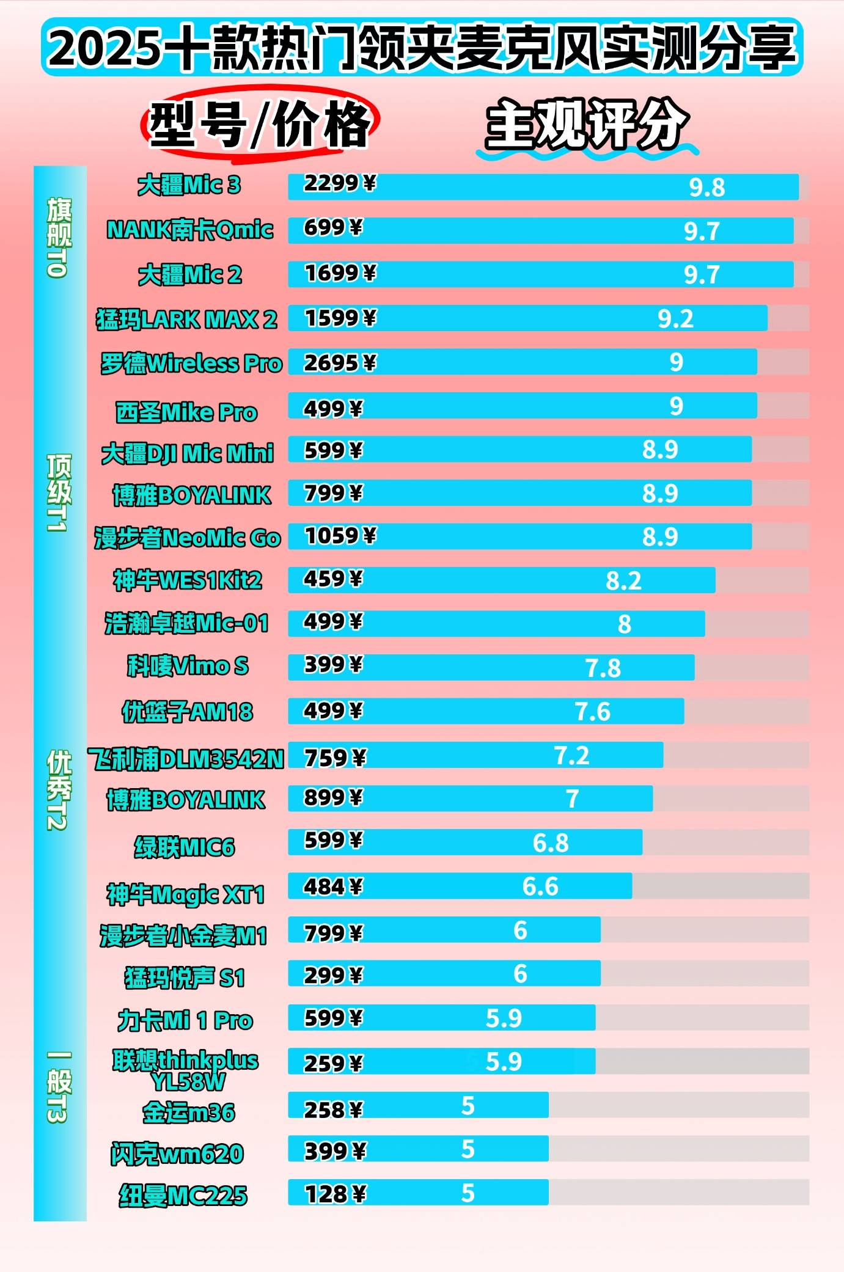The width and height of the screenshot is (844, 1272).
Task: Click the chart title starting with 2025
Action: click(422, 48)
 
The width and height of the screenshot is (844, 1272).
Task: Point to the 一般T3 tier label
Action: click(59, 1086)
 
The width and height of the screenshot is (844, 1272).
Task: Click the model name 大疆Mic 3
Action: click(189, 185)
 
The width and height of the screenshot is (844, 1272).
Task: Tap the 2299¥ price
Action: click(340, 183)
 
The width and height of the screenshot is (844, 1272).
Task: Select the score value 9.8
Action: click(706, 188)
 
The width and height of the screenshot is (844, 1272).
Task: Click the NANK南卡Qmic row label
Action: click(189, 230)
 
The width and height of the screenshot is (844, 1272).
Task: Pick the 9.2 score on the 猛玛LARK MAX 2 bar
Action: click(675, 319)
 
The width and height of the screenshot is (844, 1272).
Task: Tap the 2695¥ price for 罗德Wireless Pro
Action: click(340, 363)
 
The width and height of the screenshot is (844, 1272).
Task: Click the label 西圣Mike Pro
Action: click(186, 412)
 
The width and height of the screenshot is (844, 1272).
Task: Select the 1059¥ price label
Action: click(340, 536)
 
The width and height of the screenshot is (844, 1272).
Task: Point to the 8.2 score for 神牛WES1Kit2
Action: click(623, 581)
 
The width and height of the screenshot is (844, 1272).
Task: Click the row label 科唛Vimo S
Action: click(188, 666)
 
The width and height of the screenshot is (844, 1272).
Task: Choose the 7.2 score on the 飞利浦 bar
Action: click(571, 756)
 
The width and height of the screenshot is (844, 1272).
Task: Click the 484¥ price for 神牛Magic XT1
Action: click(333, 886)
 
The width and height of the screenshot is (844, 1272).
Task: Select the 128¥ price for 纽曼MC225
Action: click(335, 1194)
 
